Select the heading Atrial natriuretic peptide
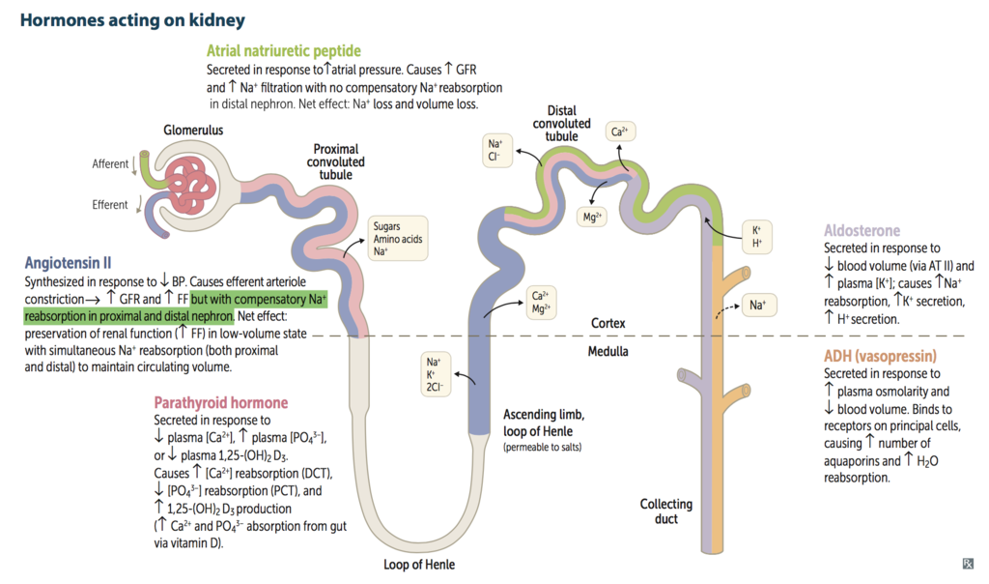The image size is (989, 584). click(x=284, y=50)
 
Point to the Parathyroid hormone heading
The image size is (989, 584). click(x=220, y=402)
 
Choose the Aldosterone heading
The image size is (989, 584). click(x=862, y=231)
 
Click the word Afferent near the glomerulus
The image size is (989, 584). click(x=110, y=163)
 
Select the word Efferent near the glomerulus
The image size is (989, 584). click(x=110, y=204)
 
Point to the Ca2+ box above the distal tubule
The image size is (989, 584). click(x=620, y=131)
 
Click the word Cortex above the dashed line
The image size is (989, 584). click(x=609, y=322)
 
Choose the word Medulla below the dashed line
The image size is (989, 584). click(x=608, y=351)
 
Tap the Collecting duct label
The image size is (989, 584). click(x=666, y=511)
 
